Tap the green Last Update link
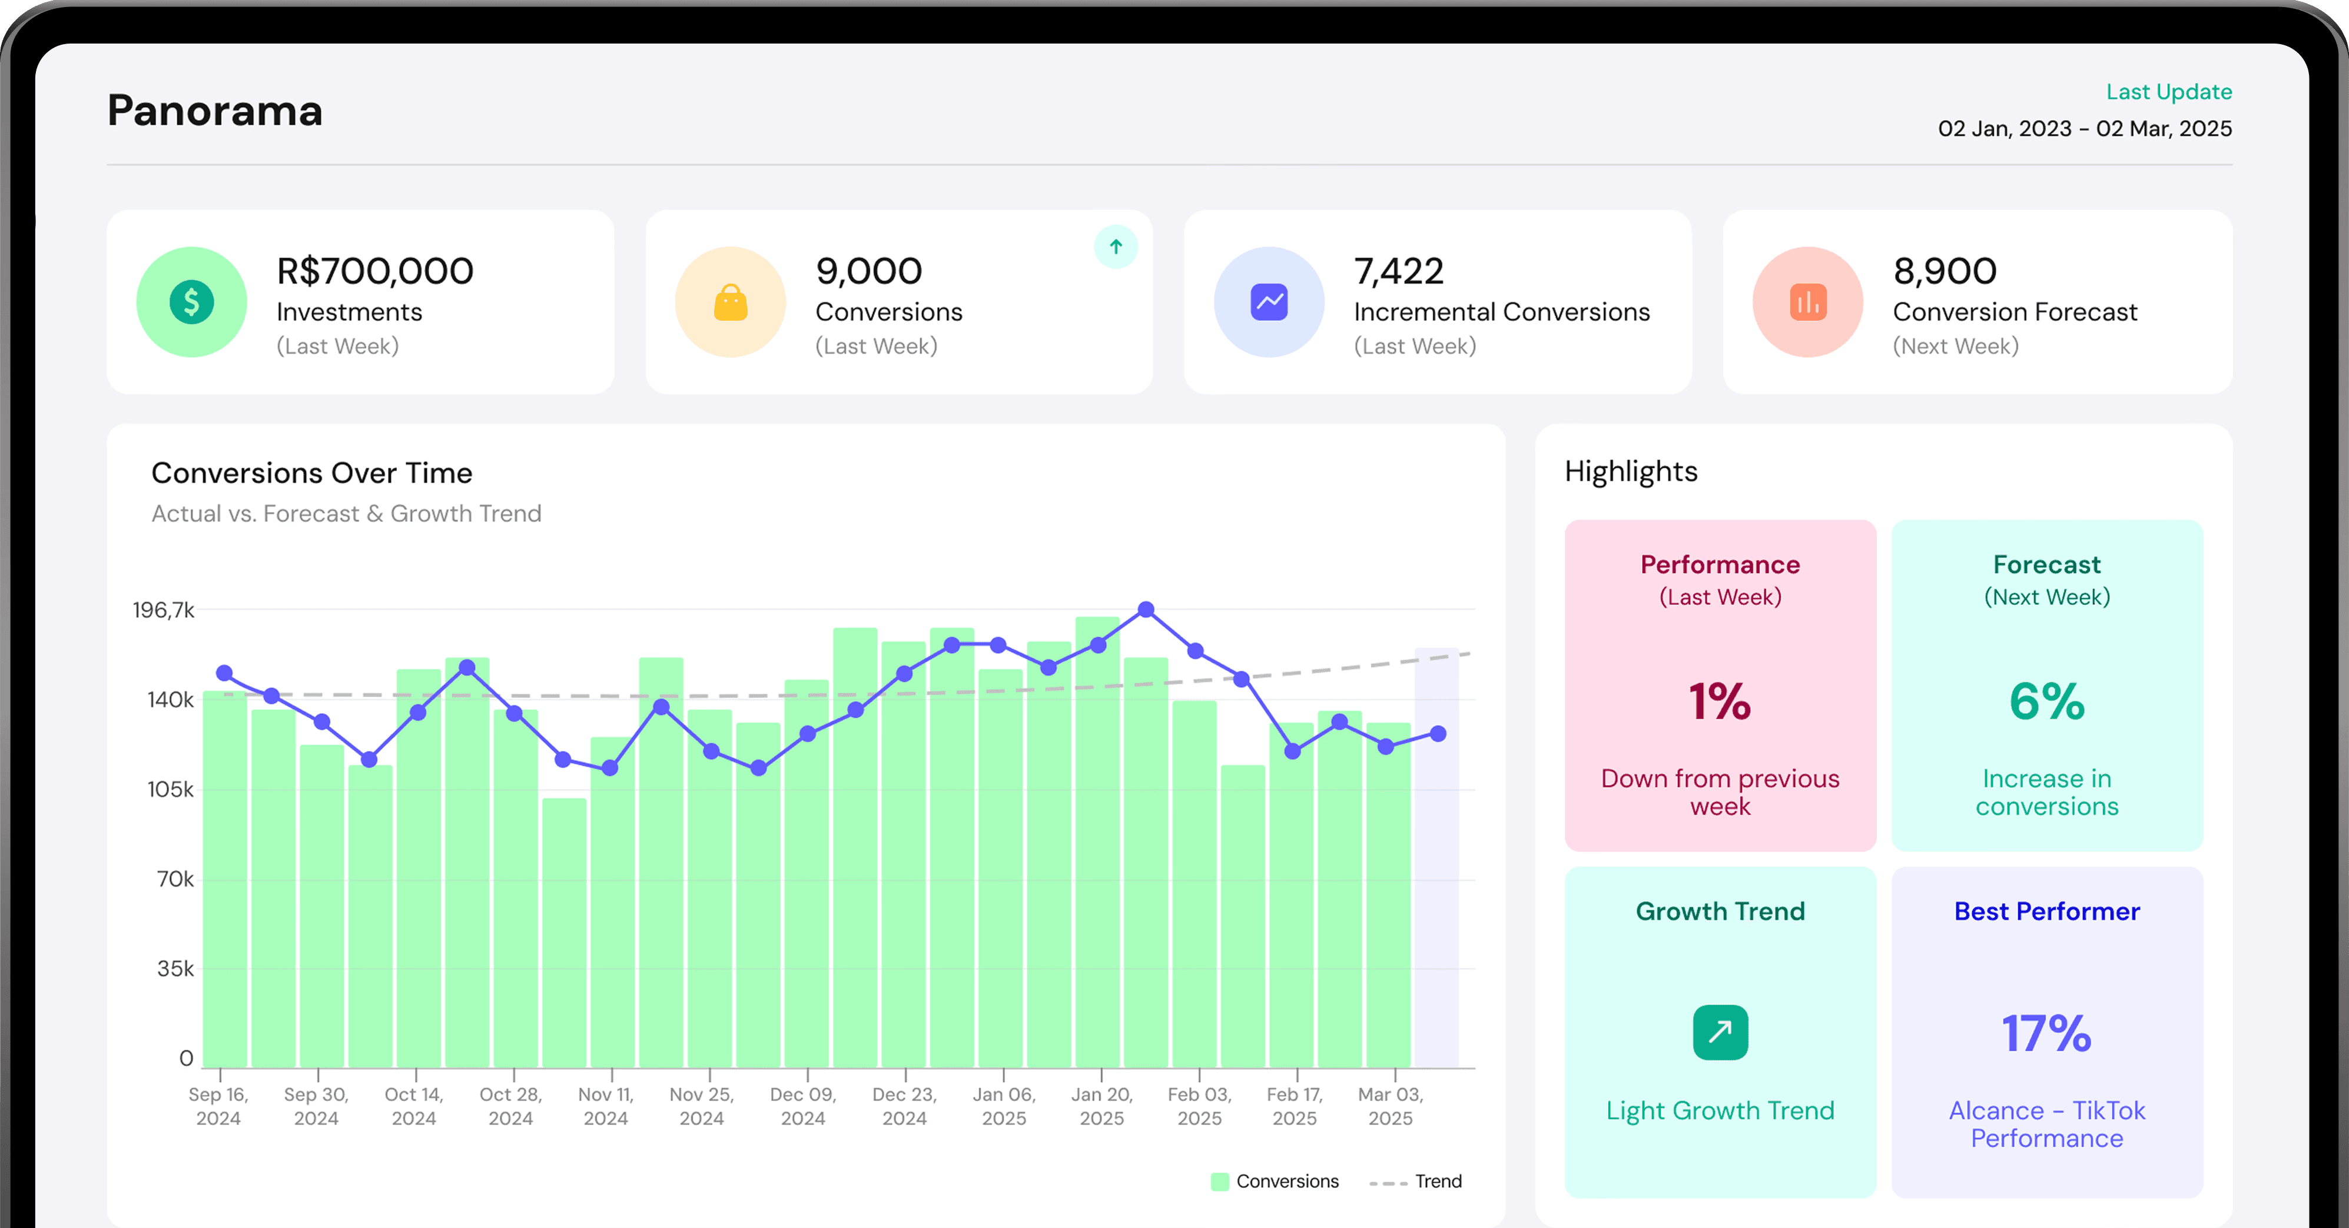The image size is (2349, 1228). pos(2168,92)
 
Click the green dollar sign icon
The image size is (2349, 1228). pos(191,302)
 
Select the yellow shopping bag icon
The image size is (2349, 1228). pos(731,302)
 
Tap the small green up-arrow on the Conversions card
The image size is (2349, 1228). pos(1115,246)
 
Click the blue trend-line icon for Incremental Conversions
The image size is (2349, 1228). pos(1269,302)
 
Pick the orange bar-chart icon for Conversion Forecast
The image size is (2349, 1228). pos(1808,302)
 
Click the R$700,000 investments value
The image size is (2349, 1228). pos(375,271)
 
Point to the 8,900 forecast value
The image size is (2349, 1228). pos(1945,271)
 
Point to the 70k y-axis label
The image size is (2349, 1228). pos(175,879)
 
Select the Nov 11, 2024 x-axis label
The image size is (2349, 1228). pos(605,1106)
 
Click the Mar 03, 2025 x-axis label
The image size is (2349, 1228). pos(1391,1106)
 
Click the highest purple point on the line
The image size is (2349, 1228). pos(1146,609)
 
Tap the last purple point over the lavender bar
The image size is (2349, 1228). pos(1438,734)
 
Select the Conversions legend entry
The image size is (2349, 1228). pos(1275,1182)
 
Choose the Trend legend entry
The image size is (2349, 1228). pos(1415,1182)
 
